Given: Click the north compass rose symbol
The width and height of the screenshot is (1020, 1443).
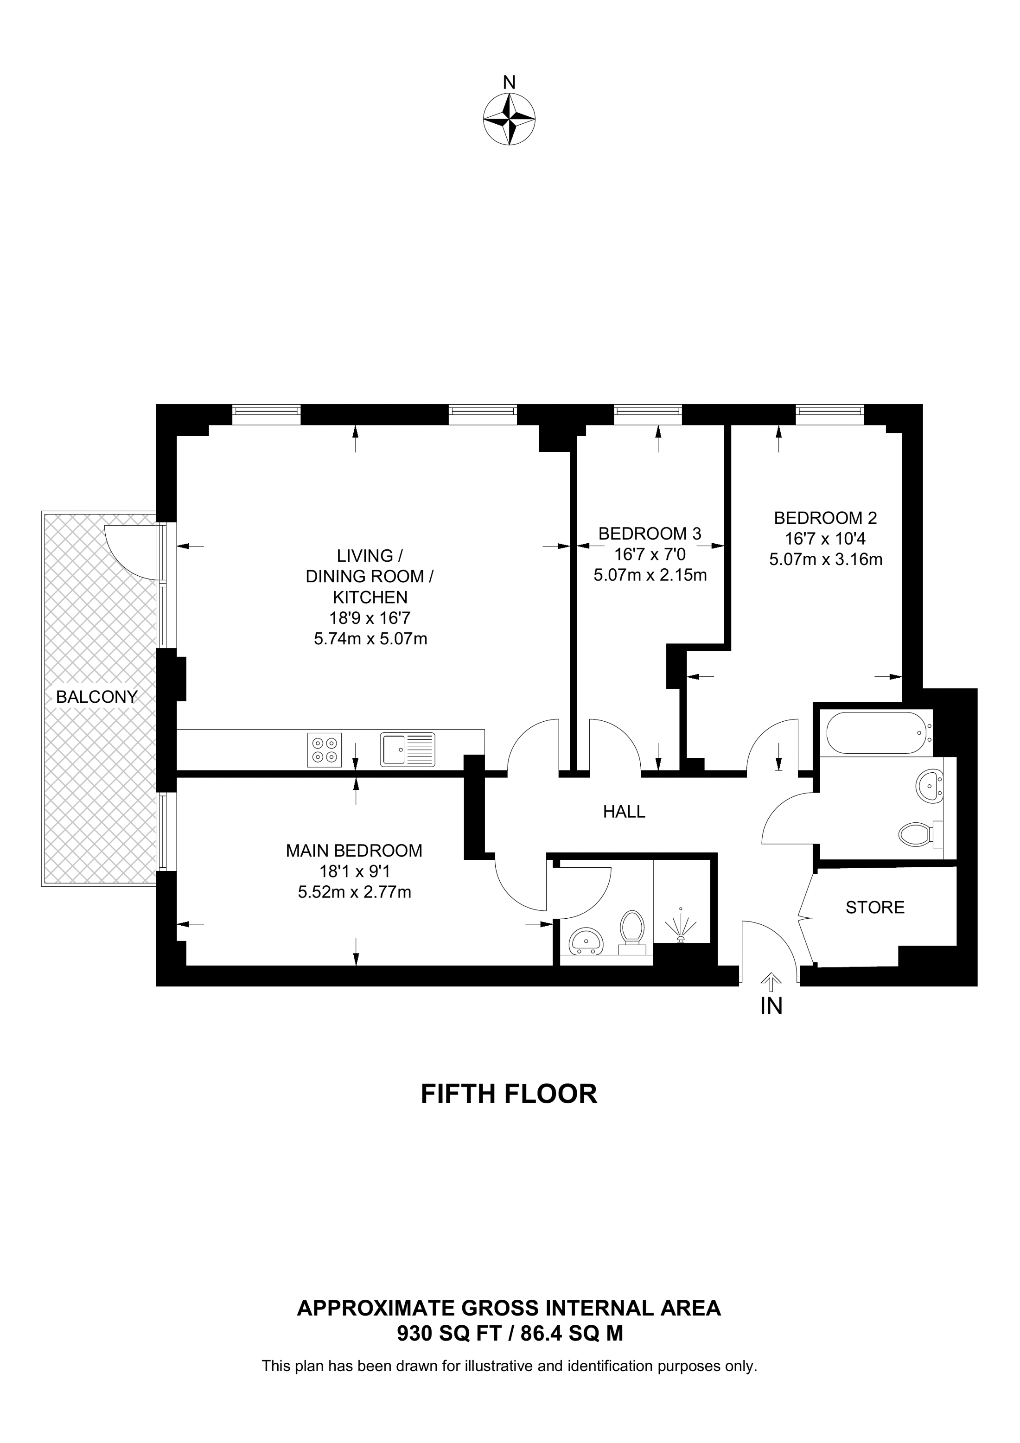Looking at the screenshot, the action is coord(509,120).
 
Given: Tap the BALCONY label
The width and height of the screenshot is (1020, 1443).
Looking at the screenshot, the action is coord(97,697).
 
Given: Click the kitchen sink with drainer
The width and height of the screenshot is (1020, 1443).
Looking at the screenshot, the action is coord(407,750).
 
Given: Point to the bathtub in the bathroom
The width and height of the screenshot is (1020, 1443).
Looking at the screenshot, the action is coord(879,733).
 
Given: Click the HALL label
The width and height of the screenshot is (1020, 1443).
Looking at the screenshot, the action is coord(624,812).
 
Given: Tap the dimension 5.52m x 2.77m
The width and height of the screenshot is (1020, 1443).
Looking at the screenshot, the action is coord(355,892).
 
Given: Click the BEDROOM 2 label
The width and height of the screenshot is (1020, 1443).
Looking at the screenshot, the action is coord(825,519).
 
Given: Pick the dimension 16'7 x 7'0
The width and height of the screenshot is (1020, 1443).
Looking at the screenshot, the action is coord(650,555).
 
